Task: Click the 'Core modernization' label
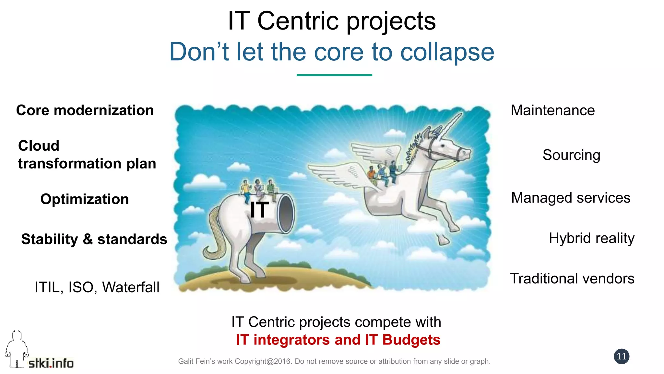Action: tap(85, 110)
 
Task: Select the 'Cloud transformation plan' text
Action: tap(87, 155)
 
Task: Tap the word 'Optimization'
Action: tap(85, 199)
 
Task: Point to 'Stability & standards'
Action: tap(94, 239)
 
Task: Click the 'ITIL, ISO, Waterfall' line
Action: tap(97, 287)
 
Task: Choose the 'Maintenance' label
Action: tap(553, 110)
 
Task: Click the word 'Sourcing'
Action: tap(571, 155)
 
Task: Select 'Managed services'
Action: tap(571, 198)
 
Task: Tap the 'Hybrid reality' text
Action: tap(591, 238)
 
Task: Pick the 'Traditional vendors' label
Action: tap(572, 279)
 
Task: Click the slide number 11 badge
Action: tap(622, 356)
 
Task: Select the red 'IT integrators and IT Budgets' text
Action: tap(338, 340)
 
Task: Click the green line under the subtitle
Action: tap(334, 75)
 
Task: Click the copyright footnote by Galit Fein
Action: tap(334, 361)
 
